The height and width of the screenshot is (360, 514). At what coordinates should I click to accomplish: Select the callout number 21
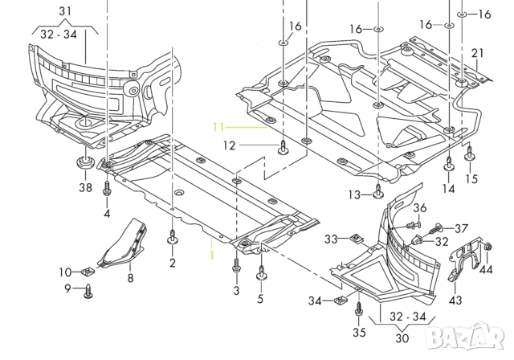click(x=478, y=53)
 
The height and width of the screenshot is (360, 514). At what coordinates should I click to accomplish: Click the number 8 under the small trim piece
click(x=130, y=279)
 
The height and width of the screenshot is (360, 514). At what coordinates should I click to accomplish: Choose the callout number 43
click(x=455, y=300)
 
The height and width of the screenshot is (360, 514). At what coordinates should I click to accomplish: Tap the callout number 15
click(x=471, y=178)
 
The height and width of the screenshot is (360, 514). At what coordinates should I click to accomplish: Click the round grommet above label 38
click(x=83, y=165)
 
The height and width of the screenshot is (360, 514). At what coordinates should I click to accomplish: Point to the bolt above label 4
click(x=107, y=188)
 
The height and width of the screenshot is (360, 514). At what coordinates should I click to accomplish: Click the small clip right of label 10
click(x=90, y=270)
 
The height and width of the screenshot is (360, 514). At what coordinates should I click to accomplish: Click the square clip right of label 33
click(x=356, y=238)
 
